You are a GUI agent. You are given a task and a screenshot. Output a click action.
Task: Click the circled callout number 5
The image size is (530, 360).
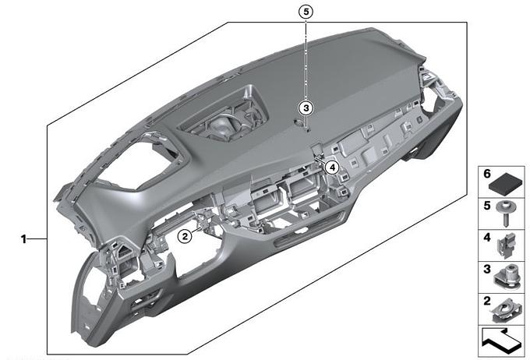306,12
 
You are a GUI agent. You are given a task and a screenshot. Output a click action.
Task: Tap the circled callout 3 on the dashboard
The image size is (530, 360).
306,108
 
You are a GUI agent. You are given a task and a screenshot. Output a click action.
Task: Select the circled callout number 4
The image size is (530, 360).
332,167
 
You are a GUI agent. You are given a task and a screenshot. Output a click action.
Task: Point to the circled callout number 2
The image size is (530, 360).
185,236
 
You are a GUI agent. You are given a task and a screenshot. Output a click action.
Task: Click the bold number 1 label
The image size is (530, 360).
23,239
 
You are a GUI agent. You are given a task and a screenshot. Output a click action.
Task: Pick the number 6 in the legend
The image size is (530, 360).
486,174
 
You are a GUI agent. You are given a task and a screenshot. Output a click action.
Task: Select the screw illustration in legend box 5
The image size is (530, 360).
504,214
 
